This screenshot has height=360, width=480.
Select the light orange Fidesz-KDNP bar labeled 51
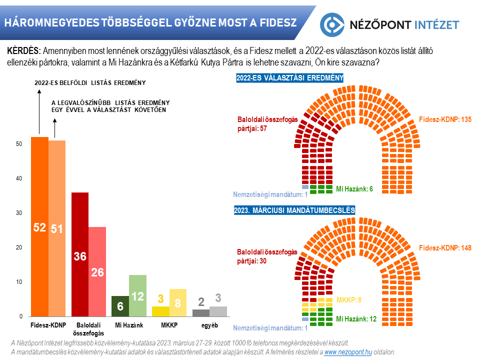[x=57, y=228]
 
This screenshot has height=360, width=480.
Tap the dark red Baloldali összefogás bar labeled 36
[x=80, y=254]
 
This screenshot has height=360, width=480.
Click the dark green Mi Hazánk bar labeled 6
[x=120, y=306]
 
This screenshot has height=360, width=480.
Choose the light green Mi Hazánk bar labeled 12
[x=137, y=295]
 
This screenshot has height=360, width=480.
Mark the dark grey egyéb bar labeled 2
[x=201, y=313]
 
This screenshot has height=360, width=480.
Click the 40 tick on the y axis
[x=19, y=178]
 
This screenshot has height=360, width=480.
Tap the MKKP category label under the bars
[x=168, y=325]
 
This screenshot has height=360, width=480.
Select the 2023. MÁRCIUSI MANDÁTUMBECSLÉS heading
[x=294, y=210]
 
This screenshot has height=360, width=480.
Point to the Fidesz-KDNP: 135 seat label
[x=445, y=119]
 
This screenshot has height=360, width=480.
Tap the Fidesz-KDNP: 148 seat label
[x=445, y=248]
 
